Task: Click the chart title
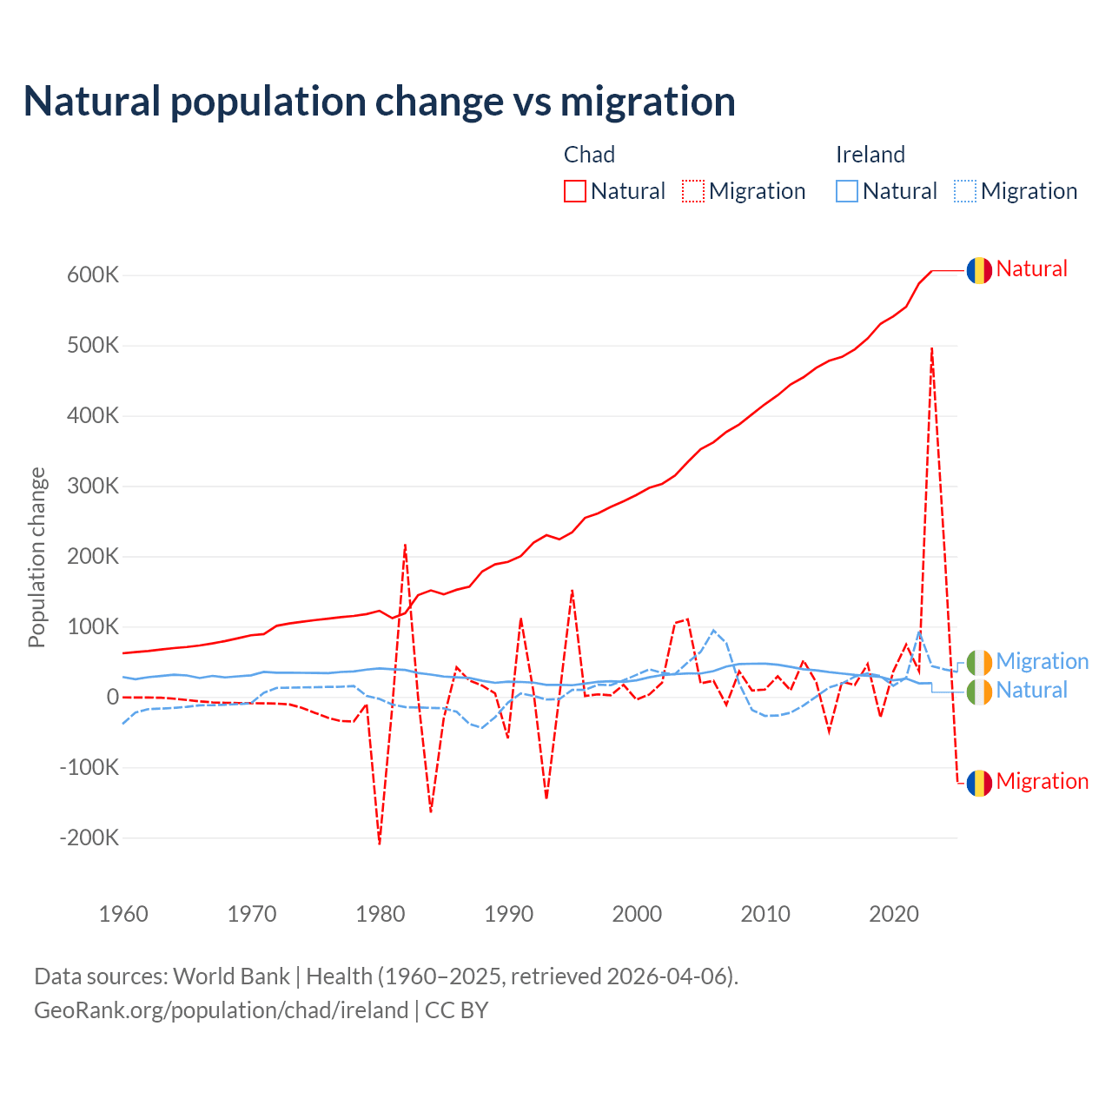click(x=380, y=102)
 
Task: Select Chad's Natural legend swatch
click(x=575, y=191)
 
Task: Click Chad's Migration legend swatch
click(x=693, y=191)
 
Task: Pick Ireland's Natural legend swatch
click(x=847, y=191)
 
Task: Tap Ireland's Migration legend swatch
click(x=965, y=191)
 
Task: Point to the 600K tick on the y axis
click(x=93, y=275)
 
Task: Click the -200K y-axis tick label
click(x=89, y=838)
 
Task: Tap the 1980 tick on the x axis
click(x=381, y=914)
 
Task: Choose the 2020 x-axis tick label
click(x=894, y=914)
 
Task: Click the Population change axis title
click(x=36, y=558)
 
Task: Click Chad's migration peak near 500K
click(x=932, y=349)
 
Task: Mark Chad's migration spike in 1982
click(x=406, y=546)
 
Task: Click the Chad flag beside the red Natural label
click(x=979, y=270)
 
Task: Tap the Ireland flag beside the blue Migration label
click(x=979, y=662)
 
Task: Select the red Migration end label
click(x=1042, y=781)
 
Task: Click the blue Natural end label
click(x=1031, y=691)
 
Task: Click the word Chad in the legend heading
click(x=589, y=155)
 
